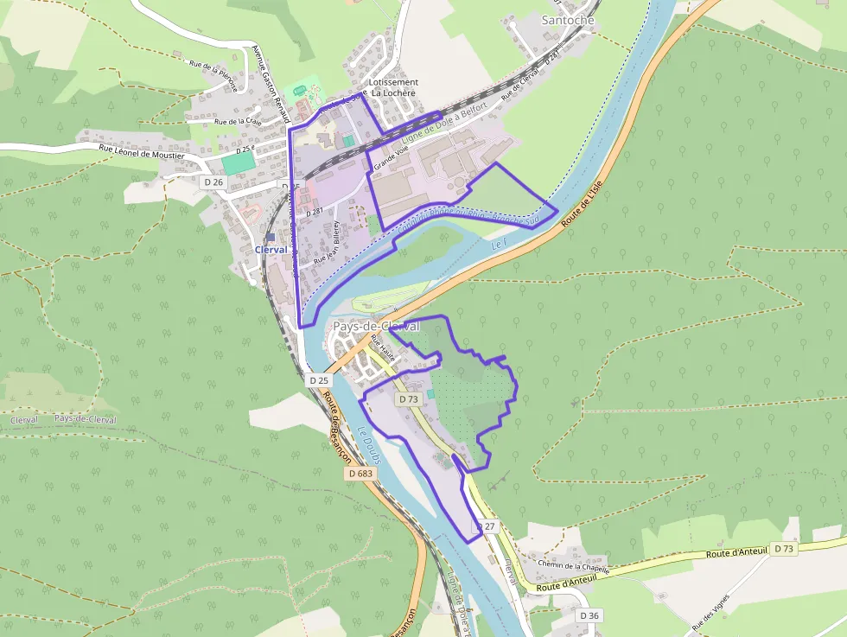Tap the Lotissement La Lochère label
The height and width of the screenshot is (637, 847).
pyautogui.click(x=393, y=87)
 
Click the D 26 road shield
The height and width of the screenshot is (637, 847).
pyautogui.click(x=213, y=182)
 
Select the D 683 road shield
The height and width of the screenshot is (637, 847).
pyautogui.click(x=362, y=474)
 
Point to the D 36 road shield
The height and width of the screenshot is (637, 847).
pyautogui.click(x=589, y=615)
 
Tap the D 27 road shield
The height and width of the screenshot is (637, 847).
pyautogui.click(x=487, y=526)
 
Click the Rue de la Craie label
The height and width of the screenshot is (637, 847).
pyautogui.click(x=238, y=122)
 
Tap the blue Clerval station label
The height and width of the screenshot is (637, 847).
pyautogui.click(x=271, y=249)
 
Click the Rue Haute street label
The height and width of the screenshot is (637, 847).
pyautogui.click(x=381, y=349)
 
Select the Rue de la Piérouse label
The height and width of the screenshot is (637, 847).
pyautogui.click(x=213, y=70)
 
